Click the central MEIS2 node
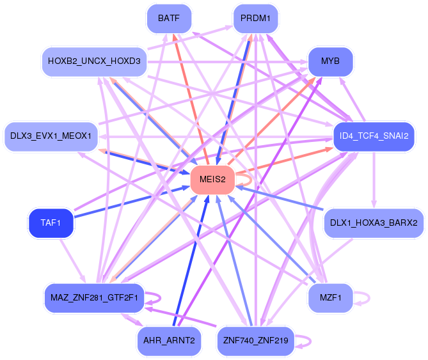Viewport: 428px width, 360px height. point(212,180)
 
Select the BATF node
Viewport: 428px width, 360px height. point(169,19)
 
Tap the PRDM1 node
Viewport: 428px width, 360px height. point(255,19)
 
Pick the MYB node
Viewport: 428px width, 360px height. point(331,61)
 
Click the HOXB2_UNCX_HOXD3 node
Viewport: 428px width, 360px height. point(95,61)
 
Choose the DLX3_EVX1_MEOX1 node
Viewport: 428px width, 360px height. point(51,136)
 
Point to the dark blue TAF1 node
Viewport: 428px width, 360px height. point(51,223)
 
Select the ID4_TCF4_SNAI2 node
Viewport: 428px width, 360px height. point(374,136)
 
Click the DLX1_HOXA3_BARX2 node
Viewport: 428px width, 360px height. point(374,223)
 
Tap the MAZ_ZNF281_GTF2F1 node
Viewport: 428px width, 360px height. point(95,298)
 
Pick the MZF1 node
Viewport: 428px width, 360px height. point(331,298)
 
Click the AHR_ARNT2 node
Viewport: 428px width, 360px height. point(169,341)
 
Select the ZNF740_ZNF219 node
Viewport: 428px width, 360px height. point(256,341)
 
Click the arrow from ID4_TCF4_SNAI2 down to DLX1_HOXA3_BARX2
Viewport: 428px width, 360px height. point(374,180)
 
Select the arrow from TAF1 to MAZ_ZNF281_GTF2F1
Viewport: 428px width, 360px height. point(73,261)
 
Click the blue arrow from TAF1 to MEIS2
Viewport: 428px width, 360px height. point(132,202)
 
